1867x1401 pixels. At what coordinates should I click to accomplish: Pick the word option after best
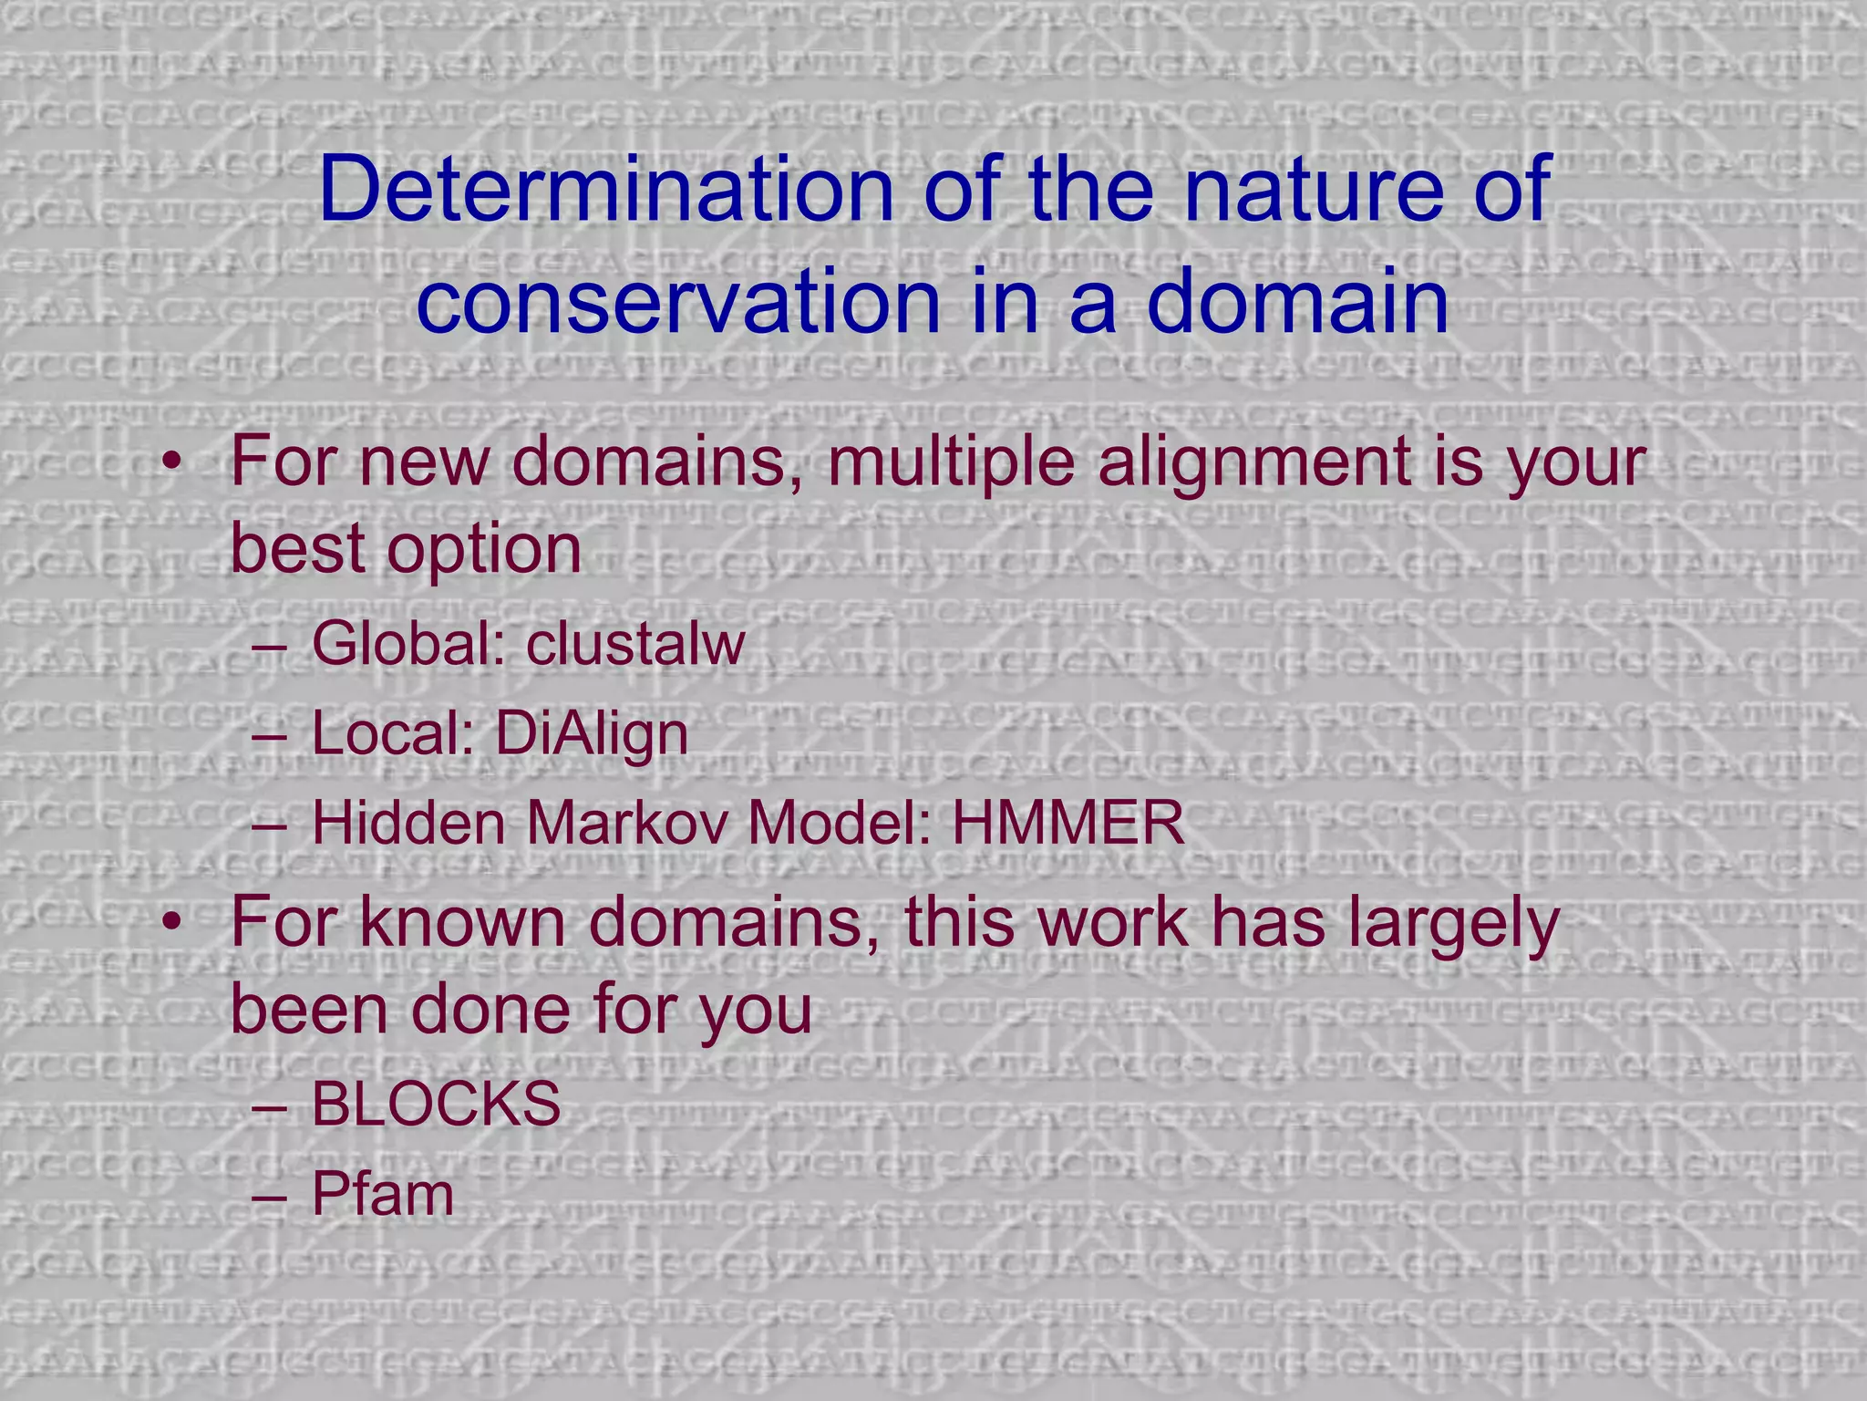click(484, 549)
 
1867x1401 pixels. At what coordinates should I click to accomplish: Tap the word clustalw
click(635, 644)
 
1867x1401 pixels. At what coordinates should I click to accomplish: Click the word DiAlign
click(592, 734)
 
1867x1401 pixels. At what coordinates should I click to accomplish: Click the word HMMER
click(1068, 824)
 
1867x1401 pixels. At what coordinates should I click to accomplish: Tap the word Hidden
click(409, 824)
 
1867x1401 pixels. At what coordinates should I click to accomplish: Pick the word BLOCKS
click(436, 1105)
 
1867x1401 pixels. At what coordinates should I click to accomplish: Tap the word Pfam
click(382, 1194)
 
